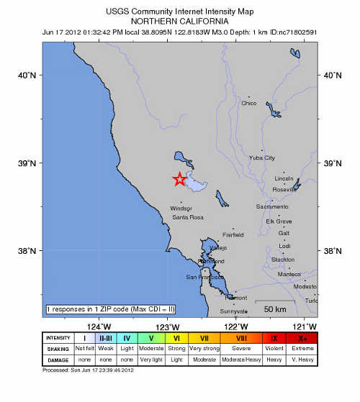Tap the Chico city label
click(248, 103)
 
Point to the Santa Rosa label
click(188, 217)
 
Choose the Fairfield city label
click(233, 234)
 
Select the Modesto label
click(305, 285)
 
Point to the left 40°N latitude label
click(27, 75)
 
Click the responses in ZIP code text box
click(111, 309)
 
